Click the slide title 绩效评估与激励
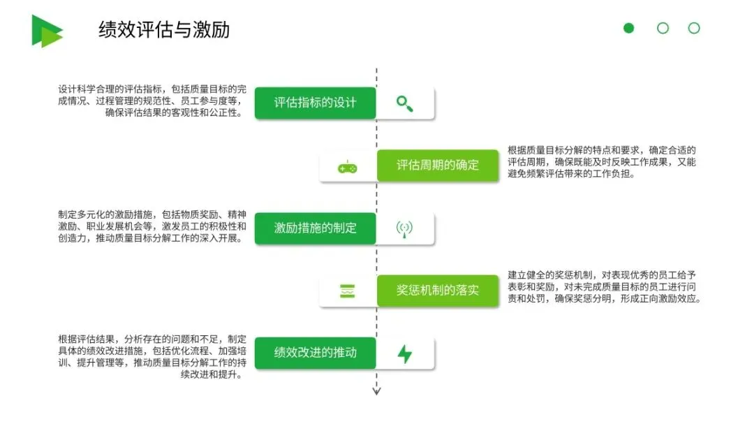[164, 30]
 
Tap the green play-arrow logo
[46, 31]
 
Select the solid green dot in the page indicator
[629, 28]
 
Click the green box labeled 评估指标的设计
[315, 103]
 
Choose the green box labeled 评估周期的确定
[438, 166]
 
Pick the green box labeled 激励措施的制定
[315, 228]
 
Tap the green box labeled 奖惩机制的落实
[438, 291]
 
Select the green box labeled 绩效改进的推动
[315, 353]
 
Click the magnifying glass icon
[404, 103]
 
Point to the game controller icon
[348, 167]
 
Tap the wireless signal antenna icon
[404, 228]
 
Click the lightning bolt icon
[404, 353]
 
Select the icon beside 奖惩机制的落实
[348, 291]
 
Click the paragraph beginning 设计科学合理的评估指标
[152, 101]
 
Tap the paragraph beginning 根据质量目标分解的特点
[602, 162]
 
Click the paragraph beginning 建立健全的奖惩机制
[604, 287]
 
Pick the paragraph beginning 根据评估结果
[152, 357]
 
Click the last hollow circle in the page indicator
[694, 28]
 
